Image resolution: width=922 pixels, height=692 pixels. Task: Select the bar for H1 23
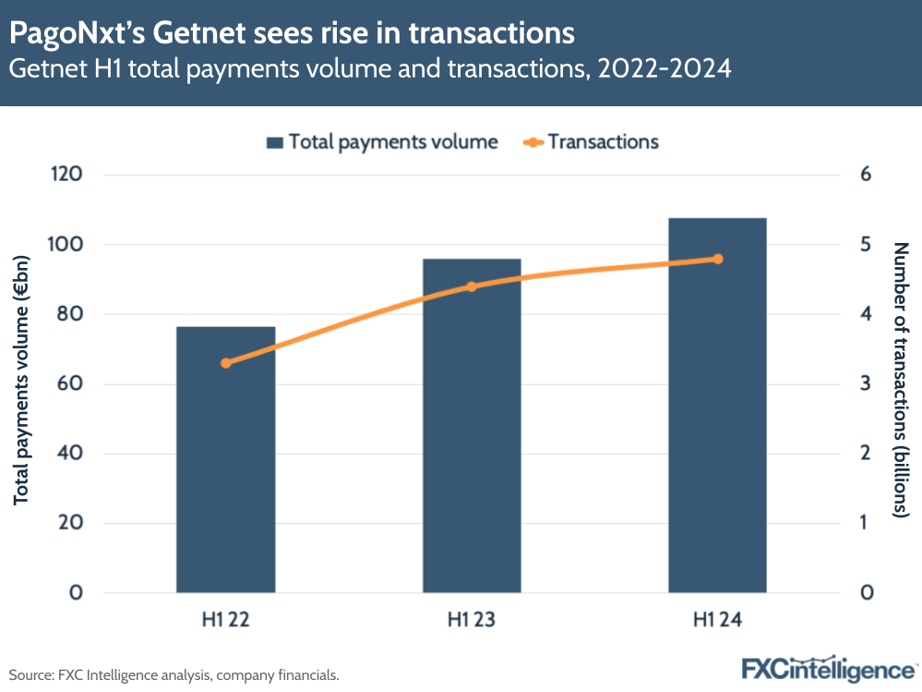coord(472,425)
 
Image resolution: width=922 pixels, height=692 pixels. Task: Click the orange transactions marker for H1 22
coord(225,363)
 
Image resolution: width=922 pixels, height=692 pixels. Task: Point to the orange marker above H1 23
coord(472,286)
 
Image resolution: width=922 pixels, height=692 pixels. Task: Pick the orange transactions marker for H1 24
coord(718,259)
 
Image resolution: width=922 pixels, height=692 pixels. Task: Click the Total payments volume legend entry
coord(382,142)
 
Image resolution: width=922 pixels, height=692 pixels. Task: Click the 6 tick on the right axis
coord(866,175)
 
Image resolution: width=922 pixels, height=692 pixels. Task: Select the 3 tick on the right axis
coord(866,383)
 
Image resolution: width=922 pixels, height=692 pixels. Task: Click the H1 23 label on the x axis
coord(472,620)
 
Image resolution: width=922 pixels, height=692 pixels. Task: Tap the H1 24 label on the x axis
coord(718,620)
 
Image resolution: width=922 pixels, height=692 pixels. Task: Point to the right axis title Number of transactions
coord(901,380)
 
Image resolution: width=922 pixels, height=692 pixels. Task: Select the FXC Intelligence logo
coord(828,669)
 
